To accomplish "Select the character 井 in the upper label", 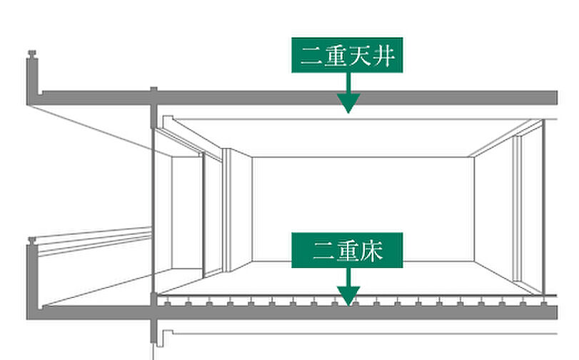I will (x=384, y=56).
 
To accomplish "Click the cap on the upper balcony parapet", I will (x=31, y=54).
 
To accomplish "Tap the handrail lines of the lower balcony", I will (x=93, y=239).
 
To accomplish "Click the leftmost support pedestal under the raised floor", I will (x=167, y=304).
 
